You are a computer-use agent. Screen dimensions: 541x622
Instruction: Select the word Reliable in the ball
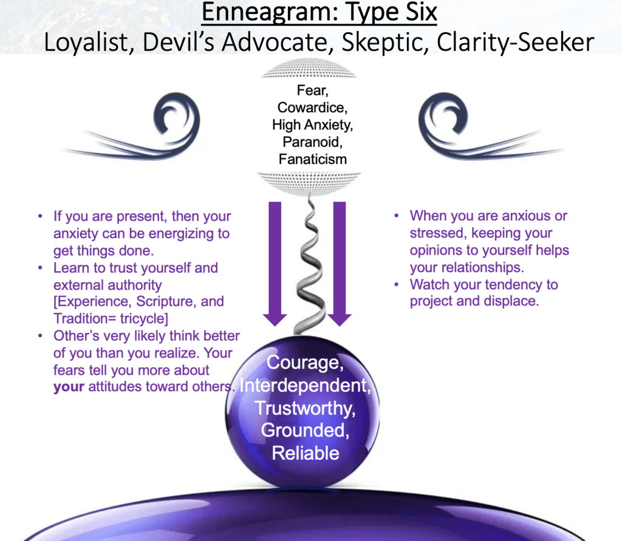pyautogui.click(x=306, y=453)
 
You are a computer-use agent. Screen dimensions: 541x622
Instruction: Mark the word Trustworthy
pyautogui.click(x=305, y=408)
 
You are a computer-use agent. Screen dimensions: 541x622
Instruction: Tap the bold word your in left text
pyautogui.click(x=68, y=387)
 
